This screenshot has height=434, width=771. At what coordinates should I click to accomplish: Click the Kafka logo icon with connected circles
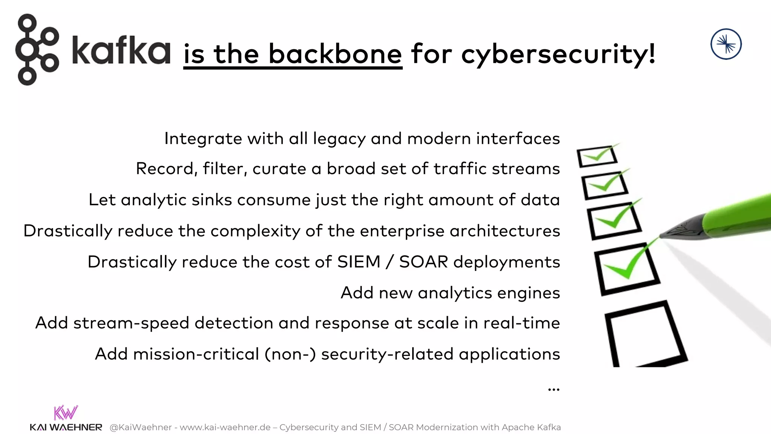tap(37, 49)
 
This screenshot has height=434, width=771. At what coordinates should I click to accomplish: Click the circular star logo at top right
tap(726, 44)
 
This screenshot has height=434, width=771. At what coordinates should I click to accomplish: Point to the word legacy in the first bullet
tap(339, 139)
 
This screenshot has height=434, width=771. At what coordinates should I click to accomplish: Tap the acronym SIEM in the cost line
tap(359, 262)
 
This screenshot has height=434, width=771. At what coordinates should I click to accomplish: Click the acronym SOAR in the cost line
tap(424, 262)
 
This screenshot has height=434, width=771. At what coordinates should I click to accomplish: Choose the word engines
tap(527, 293)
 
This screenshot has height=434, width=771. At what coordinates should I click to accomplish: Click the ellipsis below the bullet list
tap(553, 389)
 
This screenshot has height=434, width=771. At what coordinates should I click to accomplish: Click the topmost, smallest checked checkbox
tap(597, 156)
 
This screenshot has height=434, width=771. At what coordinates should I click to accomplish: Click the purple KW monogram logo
tap(66, 413)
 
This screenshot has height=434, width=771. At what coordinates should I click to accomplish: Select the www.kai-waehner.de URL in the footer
tap(225, 427)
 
